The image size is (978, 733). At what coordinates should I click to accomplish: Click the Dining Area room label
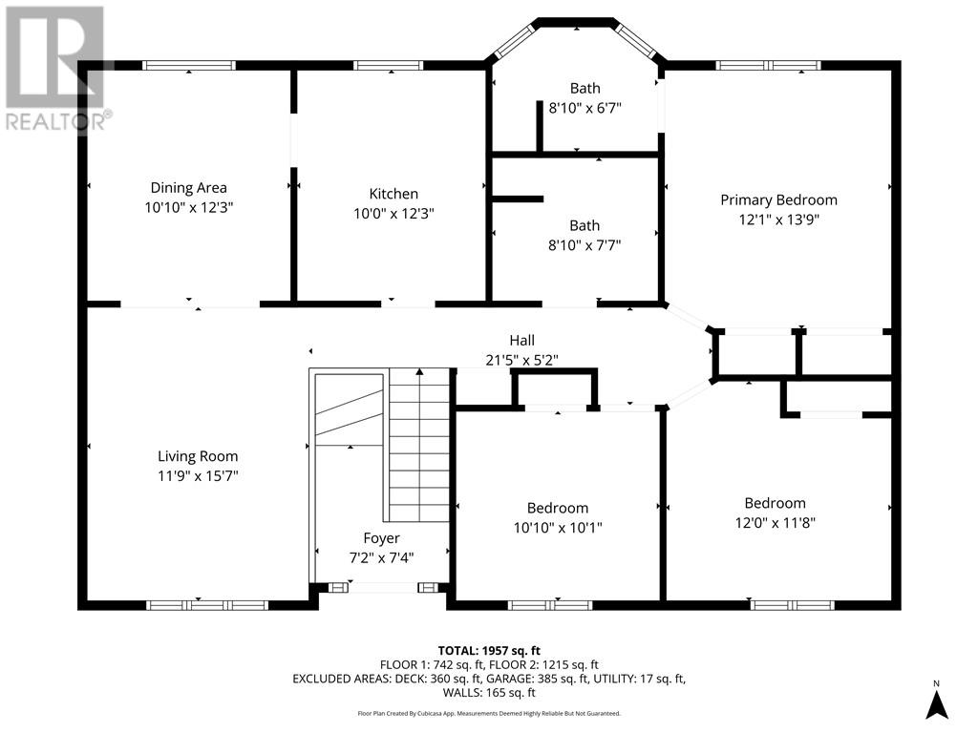[x=188, y=188]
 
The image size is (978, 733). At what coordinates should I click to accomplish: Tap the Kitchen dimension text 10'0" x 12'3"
[x=393, y=213]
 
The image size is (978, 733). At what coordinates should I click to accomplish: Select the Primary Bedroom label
[x=778, y=199]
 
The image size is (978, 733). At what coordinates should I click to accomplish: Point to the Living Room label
[x=198, y=456]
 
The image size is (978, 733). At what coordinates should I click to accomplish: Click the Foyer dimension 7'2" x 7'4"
[x=381, y=557]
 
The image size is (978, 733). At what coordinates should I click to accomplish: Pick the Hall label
[x=522, y=341]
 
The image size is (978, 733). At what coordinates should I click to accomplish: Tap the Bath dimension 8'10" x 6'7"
[x=585, y=108]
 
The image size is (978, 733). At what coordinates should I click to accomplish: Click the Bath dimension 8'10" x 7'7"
[x=585, y=245]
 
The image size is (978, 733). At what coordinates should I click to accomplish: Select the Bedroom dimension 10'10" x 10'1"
[x=558, y=527]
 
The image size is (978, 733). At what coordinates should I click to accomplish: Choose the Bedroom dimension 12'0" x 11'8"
[x=775, y=522]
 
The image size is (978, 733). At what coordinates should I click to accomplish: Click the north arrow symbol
[x=936, y=701]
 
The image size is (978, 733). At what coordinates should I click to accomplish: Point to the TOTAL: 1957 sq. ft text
[x=489, y=651]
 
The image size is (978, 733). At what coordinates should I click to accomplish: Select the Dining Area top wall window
[x=189, y=66]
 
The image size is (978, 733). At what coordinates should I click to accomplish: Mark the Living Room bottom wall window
[x=207, y=605]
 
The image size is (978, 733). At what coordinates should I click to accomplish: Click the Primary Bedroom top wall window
[x=768, y=66]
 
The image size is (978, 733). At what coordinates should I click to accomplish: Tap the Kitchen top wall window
[x=389, y=66]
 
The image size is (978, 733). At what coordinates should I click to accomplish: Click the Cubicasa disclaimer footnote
[x=489, y=713]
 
